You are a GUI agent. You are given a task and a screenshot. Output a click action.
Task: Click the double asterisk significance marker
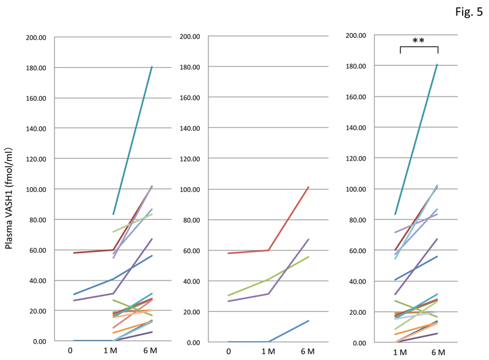coord(419,41)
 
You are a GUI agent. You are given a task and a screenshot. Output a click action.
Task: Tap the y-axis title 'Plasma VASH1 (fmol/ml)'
coord(10,189)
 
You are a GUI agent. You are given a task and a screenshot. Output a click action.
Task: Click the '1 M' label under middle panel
coord(268,351)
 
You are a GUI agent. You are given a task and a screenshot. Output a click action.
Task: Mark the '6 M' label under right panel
coord(438,353)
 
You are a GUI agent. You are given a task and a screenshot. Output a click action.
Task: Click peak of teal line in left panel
coord(152,67)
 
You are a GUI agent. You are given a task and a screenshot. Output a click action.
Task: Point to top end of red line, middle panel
coord(309,187)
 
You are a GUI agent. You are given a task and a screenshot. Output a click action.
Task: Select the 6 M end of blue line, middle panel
coord(309,320)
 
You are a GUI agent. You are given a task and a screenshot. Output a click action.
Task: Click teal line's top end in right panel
coord(438,64)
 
